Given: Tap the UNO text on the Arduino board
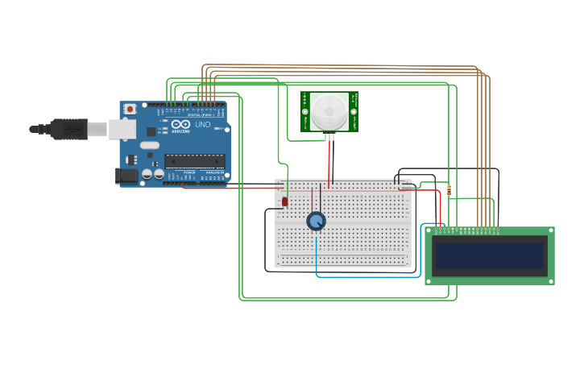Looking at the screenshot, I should click(x=202, y=125).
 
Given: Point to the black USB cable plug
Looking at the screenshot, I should click(x=68, y=128).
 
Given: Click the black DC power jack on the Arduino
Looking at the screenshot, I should click(x=126, y=175).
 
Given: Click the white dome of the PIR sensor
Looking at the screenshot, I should click(x=329, y=111).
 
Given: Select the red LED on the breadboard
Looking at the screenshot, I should click(x=285, y=201).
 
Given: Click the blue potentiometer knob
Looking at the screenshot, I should click(x=316, y=221).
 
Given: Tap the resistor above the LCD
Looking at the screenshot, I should click(x=449, y=190).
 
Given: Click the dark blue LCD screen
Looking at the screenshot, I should click(x=490, y=255).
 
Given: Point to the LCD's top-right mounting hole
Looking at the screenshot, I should click(x=549, y=232).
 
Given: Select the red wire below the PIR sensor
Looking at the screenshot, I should click(x=329, y=161).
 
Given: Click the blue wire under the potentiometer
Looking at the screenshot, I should click(x=317, y=254).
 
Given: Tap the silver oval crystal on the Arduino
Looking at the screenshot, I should click(x=150, y=146).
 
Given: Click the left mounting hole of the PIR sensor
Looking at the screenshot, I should click(x=305, y=111).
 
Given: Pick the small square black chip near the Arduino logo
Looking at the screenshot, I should click(x=151, y=131).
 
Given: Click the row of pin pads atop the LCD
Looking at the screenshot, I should click(x=467, y=230).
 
